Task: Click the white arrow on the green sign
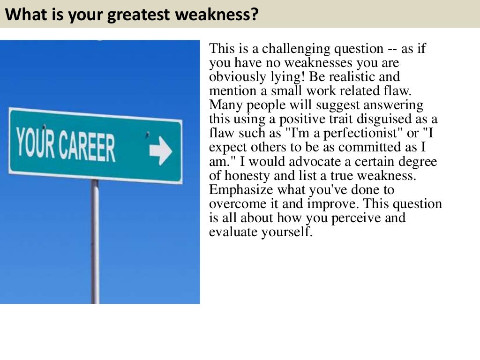point(161,151)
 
